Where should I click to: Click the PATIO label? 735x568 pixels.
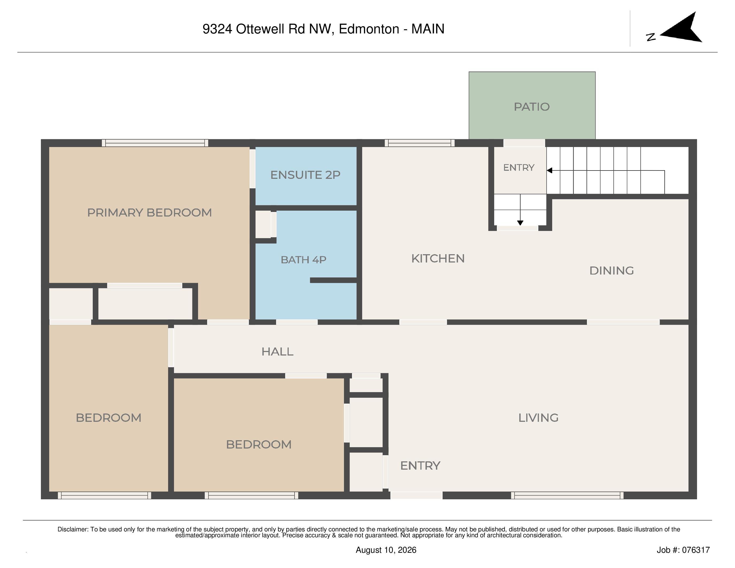point(532,107)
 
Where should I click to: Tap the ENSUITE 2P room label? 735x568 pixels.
point(305,175)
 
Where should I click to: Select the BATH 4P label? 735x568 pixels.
point(304,260)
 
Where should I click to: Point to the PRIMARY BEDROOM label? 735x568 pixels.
point(149,213)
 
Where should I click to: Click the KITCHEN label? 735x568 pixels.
point(438,258)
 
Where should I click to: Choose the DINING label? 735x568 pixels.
point(612,271)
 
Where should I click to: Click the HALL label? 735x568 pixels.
point(277,352)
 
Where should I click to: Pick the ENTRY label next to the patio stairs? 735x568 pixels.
point(519,168)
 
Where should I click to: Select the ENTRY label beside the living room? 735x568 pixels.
point(420,466)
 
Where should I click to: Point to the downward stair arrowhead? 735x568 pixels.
point(520,223)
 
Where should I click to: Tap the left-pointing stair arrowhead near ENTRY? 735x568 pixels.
point(549,171)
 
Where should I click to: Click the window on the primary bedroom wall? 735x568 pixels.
point(155,143)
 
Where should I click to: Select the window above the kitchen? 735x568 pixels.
point(420,143)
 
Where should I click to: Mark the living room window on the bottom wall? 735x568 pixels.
point(567,495)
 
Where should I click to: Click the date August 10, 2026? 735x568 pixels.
point(386,550)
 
